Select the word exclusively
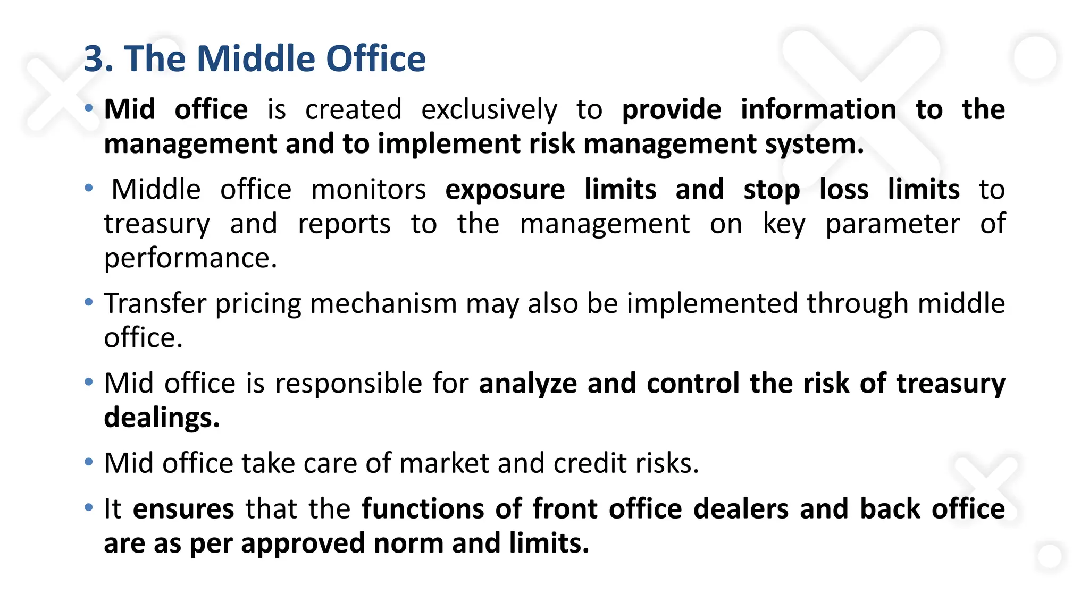coord(489,110)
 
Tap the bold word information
coord(818,109)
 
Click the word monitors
coord(368,190)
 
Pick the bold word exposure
coord(505,190)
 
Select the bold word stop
coord(772,190)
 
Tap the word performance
coord(190,258)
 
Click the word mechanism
coord(383,304)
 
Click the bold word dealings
coord(162,418)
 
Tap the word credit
coord(583,463)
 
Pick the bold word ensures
coord(183,509)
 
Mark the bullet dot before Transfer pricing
coord(89,302)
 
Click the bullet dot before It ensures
coord(89,507)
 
